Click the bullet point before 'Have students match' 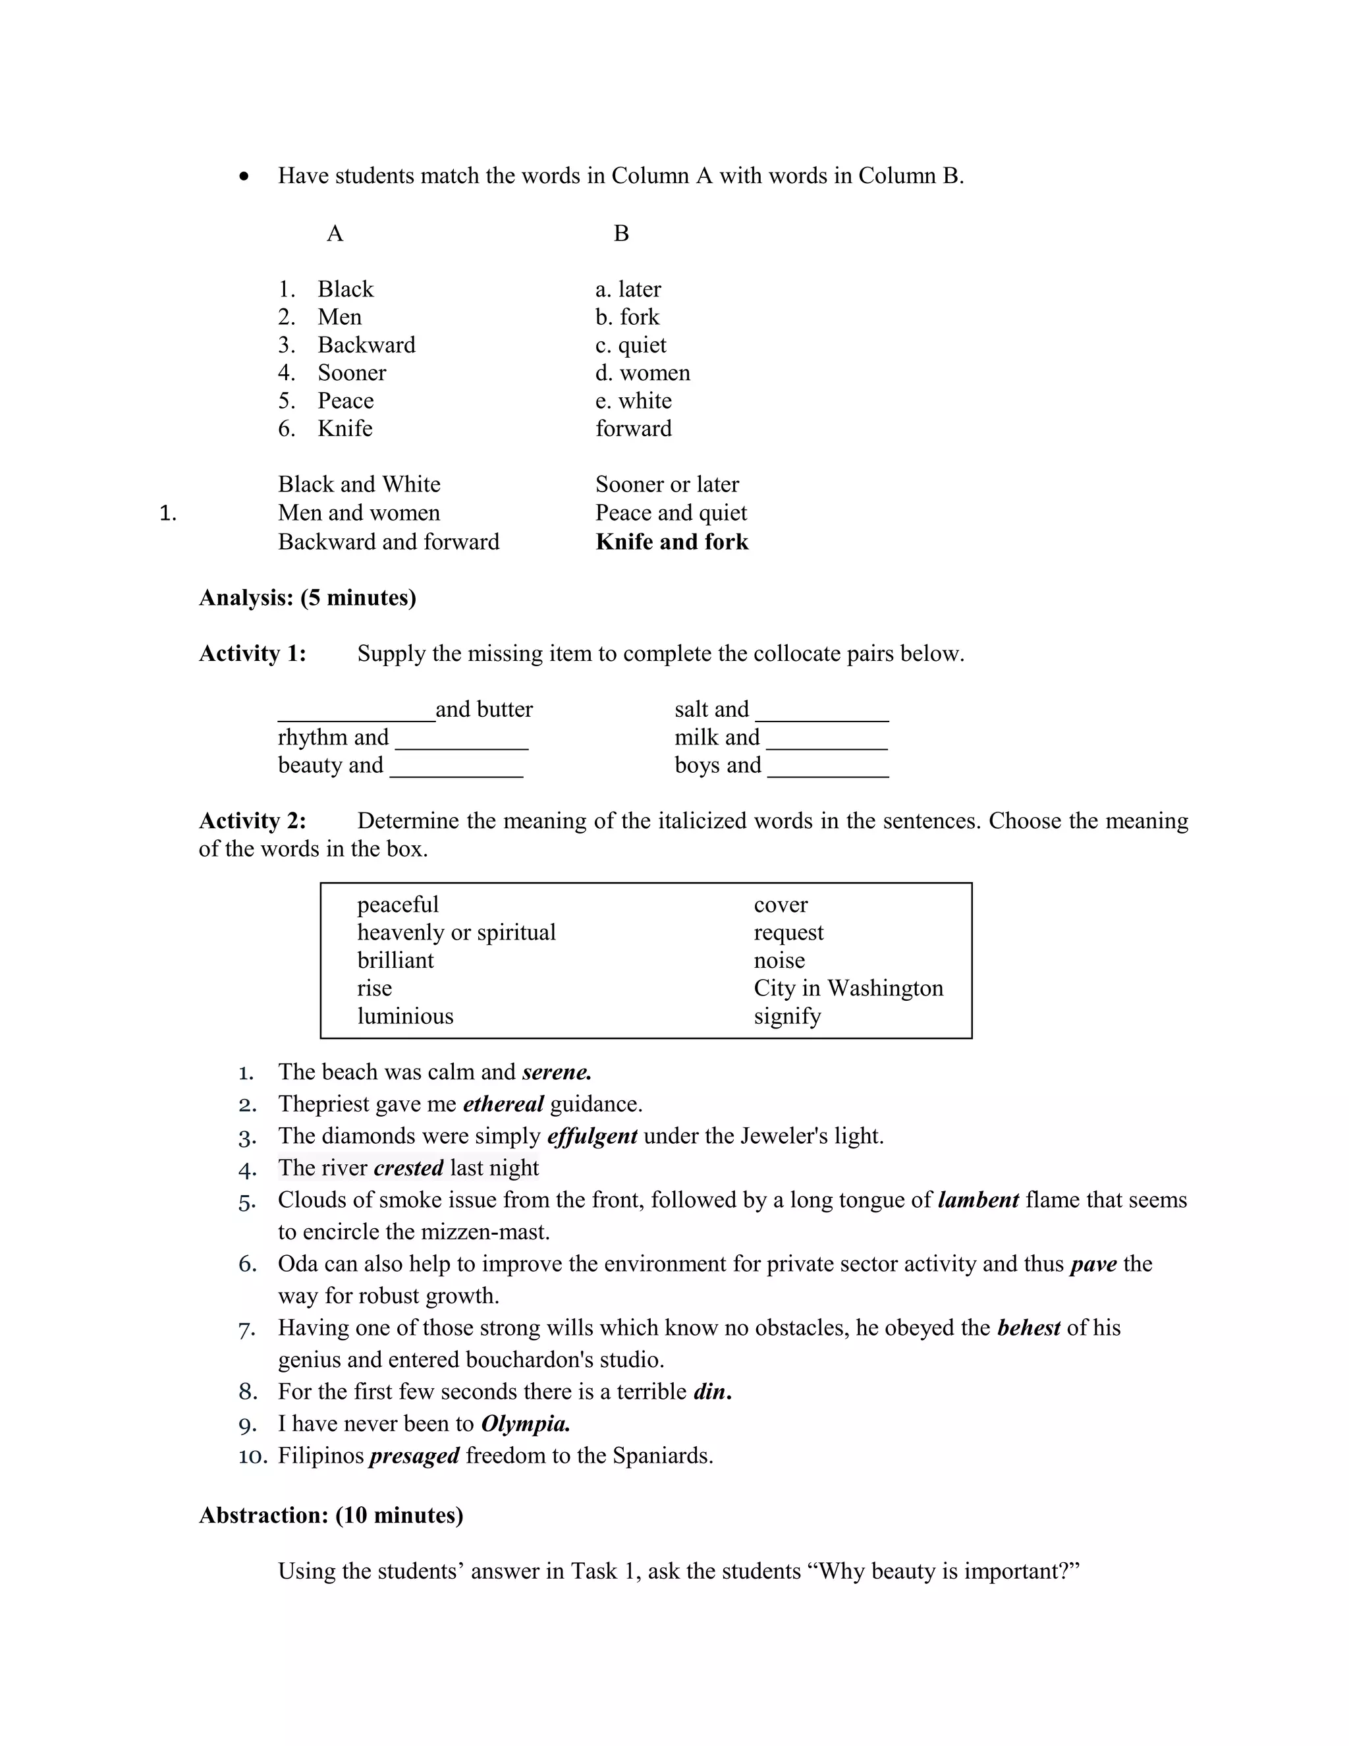245,177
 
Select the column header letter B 621,233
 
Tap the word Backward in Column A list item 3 366,345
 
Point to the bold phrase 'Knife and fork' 671,542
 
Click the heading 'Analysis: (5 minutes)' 307,598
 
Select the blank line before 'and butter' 356,712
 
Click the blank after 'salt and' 821,712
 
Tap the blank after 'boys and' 827,768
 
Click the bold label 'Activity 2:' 252,821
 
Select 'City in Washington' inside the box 848,988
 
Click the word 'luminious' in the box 405,1016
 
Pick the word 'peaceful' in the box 398,905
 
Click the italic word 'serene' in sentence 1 556,1072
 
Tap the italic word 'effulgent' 592,1136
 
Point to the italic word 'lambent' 978,1200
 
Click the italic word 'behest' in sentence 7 1028,1328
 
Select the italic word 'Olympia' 525,1424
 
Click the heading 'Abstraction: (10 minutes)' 331,1516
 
